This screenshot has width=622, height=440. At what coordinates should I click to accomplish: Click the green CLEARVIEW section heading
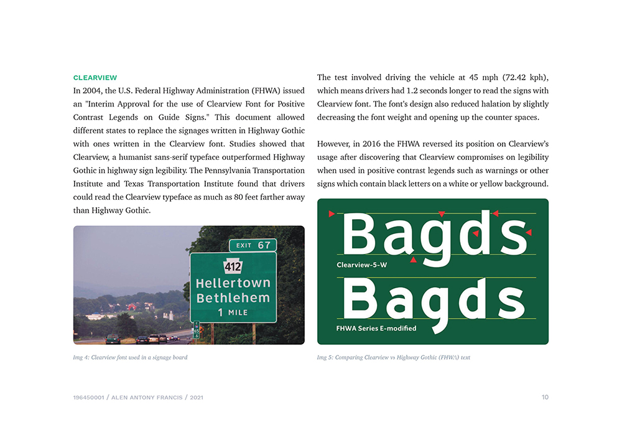[x=95, y=78]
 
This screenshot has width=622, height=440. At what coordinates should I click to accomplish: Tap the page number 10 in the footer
[x=545, y=397]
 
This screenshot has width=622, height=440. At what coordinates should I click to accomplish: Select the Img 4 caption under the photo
[x=130, y=357]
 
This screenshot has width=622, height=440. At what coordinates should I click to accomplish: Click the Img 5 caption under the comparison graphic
[x=393, y=357]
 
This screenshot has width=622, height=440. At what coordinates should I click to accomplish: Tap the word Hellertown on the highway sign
[x=233, y=283]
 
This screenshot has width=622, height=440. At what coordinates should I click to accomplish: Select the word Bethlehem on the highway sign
[x=233, y=297]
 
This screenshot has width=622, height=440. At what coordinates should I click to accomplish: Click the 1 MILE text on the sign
[x=233, y=312]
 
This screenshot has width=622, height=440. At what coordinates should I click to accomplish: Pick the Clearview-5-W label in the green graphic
[x=361, y=264]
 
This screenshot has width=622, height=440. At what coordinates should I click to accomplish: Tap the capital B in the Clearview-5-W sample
[x=360, y=235]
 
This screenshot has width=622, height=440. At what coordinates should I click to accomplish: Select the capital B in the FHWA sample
[x=360, y=299]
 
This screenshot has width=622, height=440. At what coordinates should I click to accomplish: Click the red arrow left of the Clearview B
[x=332, y=214]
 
